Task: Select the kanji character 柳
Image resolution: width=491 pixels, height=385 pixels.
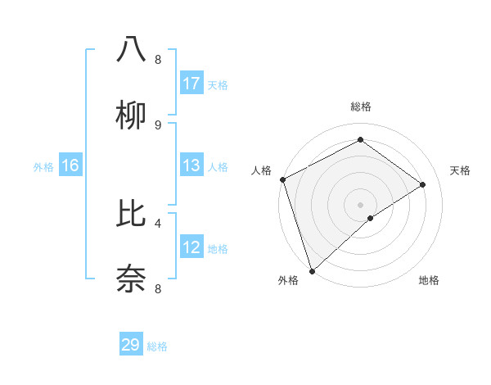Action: (131, 115)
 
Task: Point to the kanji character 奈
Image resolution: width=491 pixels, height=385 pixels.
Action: (131, 279)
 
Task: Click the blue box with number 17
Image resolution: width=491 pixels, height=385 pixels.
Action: (191, 84)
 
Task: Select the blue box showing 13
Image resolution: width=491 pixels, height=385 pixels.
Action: (191, 165)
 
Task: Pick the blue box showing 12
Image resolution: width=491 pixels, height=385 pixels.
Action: (191, 247)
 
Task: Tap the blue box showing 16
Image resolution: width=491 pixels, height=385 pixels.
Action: (70, 165)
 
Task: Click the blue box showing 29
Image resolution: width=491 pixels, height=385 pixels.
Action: (131, 345)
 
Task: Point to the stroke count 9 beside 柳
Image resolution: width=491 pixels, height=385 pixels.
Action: (158, 125)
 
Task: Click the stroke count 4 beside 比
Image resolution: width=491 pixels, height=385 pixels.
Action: (158, 222)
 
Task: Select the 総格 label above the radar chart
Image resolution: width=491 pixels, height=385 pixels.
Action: (360, 106)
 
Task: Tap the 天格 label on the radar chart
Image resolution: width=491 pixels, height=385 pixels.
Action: (460, 170)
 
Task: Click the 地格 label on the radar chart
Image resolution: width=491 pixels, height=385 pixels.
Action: (429, 281)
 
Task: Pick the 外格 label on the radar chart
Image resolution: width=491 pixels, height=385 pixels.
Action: (288, 281)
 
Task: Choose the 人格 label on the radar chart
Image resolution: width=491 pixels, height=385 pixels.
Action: (261, 170)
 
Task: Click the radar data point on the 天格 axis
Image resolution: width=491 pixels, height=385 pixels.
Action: (423, 184)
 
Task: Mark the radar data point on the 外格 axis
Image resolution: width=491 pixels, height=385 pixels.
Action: (312, 270)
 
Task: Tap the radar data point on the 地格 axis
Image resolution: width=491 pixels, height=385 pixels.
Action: (371, 218)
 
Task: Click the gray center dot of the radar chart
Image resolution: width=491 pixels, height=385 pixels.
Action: (360, 204)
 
